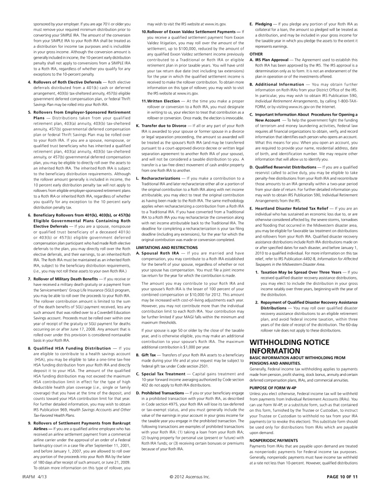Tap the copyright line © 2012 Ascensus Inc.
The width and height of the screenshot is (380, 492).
(x=190, y=477)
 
